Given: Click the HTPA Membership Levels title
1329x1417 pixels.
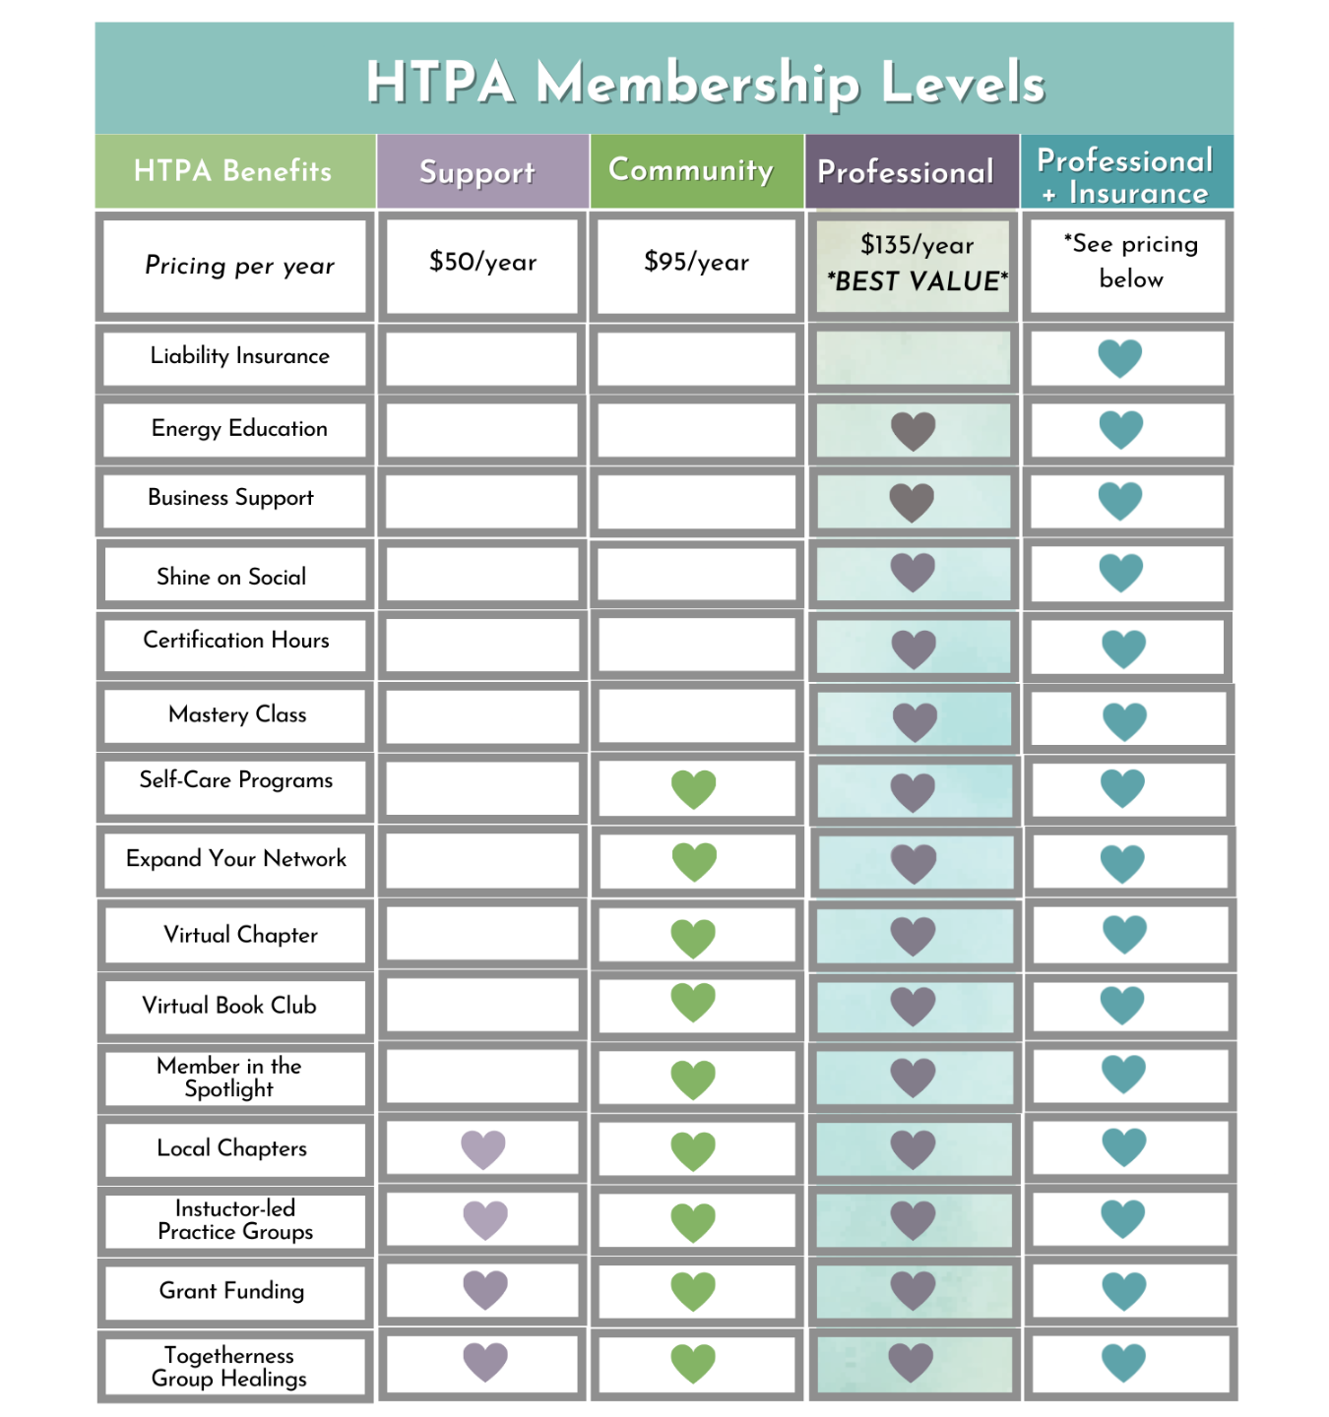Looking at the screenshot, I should pyautogui.click(x=705, y=82).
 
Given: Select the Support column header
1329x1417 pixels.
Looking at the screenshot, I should pyautogui.click(x=477, y=172).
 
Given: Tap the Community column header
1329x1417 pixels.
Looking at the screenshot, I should pyautogui.click(x=691, y=170).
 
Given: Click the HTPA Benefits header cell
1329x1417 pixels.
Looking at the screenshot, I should pyautogui.click(x=233, y=171).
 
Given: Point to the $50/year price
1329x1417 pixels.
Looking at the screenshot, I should pyautogui.click(x=482, y=262).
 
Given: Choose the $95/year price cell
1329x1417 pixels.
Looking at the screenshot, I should pyautogui.click(x=696, y=262).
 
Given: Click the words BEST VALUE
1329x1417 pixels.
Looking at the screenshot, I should pyautogui.click(x=918, y=281).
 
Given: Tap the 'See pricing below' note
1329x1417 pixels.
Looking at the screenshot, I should pyautogui.click(x=1130, y=261).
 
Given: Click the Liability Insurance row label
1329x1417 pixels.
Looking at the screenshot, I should pyautogui.click(x=239, y=356).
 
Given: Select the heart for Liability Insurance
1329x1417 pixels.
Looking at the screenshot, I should pyautogui.click(x=1120, y=358).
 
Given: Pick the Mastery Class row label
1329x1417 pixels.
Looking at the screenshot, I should pyautogui.click(x=237, y=714).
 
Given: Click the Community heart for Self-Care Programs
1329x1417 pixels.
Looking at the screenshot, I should pyautogui.click(x=693, y=789).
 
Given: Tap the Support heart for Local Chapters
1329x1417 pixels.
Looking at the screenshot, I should pyautogui.click(x=483, y=1148).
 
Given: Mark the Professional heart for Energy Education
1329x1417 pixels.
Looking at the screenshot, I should pyautogui.click(x=913, y=431).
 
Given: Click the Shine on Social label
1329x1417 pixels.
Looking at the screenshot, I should pyautogui.click(x=231, y=577).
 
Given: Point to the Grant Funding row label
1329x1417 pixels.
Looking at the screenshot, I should pyautogui.click(x=231, y=1291).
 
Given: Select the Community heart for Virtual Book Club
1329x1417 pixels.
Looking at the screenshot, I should pyautogui.click(x=693, y=1003).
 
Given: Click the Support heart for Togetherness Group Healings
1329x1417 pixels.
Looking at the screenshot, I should pyautogui.click(x=485, y=1362).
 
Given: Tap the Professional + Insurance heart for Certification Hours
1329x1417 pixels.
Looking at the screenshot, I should pyautogui.click(x=1123, y=648).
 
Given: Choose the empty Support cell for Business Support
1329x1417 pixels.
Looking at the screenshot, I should pyautogui.click(x=482, y=502).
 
